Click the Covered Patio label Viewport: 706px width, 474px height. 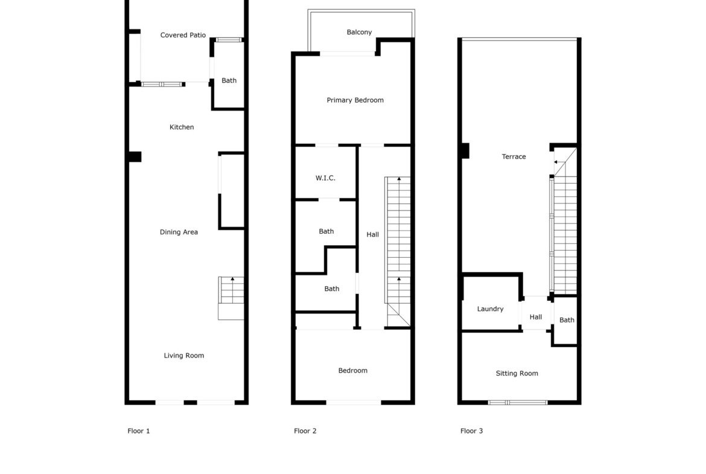coord(183,35)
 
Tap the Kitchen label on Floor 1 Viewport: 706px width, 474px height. coord(182,127)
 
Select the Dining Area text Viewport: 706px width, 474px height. coord(179,232)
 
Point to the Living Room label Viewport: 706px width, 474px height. coord(183,356)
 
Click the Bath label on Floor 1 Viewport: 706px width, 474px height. coord(229,81)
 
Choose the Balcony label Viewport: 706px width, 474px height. coord(359,33)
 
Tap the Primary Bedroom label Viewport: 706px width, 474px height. coord(355,100)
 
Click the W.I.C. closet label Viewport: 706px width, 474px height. coord(325,178)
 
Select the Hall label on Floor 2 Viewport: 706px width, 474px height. coord(372,234)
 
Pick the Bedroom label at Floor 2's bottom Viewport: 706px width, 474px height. coord(352,370)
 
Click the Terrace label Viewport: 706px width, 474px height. coord(514,156)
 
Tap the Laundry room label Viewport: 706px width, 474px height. coord(491,309)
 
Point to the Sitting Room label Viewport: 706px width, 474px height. coord(517,373)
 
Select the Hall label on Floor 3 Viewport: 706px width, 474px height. coord(536,317)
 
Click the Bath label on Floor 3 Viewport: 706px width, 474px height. coord(567,320)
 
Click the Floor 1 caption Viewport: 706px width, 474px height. coord(139,431)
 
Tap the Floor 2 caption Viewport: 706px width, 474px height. coord(305,431)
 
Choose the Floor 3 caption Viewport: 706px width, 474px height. coord(471,431)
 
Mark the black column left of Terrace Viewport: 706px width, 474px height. coord(466,150)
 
